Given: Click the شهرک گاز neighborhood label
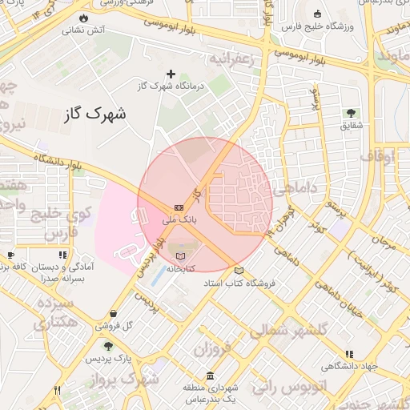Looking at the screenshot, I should coord(94,115).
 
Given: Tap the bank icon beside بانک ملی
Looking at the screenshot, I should coord(178,207).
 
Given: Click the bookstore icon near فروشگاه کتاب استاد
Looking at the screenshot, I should coord(238,271).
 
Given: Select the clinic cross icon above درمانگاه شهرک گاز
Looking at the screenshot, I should coord(170,74).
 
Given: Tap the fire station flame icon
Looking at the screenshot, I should coord(84,18).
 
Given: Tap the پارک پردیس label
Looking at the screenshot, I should coord(111,357).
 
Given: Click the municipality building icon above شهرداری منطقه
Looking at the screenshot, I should coord(210,376).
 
